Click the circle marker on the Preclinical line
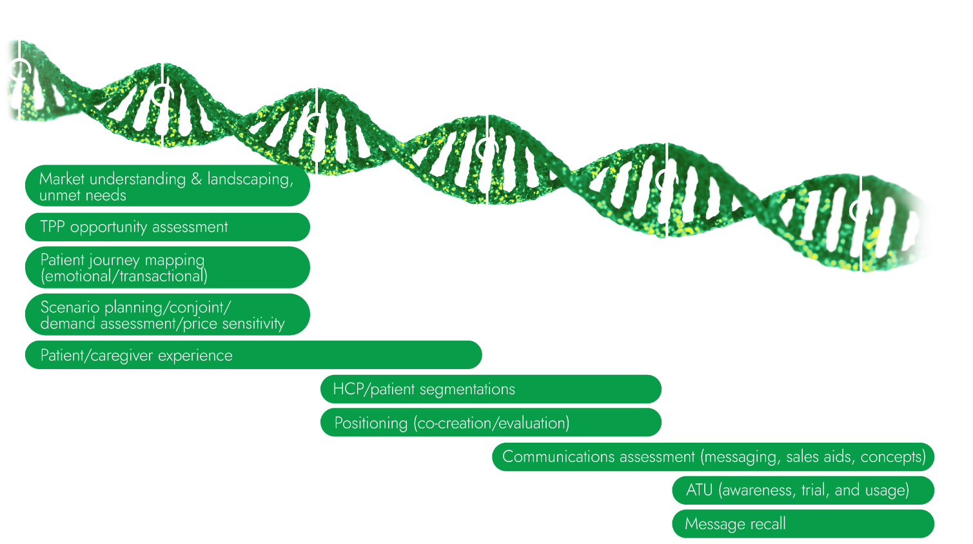point(19,68)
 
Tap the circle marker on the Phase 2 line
point(316,123)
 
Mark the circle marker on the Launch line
point(666,179)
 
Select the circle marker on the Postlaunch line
point(860,210)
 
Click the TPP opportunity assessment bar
point(168,227)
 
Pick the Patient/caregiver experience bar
point(253,356)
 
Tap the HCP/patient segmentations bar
point(491,389)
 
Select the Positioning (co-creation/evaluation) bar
point(491,423)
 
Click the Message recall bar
point(803,524)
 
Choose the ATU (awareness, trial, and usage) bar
point(803,490)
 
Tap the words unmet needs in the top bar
point(83,196)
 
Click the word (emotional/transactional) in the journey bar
point(124,276)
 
